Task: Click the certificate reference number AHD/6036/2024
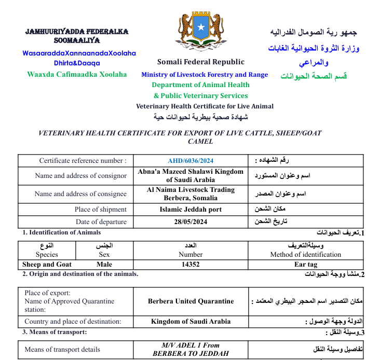pyautogui.click(x=191, y=161)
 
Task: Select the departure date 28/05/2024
pyautogui.click(x=191, y=222)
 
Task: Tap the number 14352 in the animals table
pyautogui.click(x=191, y=264)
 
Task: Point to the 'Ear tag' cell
pyautogui.click(x=305, y=264)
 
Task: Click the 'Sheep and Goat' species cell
pyautogui.click(x=47, y=264)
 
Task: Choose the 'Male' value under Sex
pyautogui.click(x=104, y=264)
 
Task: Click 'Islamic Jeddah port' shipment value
pyautogui.click(x=191, y=210)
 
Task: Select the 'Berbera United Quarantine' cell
pyautogui.click(x=191, y=301)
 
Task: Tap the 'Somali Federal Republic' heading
pyautogui.click(x=201, y=62)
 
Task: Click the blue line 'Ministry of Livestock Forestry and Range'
pyautogui.click(x=205, y=75)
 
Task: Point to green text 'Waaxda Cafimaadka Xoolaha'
pyautogui.click(x=77, y=74)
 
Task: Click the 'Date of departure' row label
pyautogui.click(x=101, y=222)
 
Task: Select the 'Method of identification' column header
pyautogui.click(x=305, y=255)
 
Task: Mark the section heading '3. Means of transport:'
pyautogui.click(x=55, y=331)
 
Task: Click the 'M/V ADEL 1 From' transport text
pyautogui.click(x=191, y=345)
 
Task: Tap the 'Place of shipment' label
pyautogui.click(x=101, y=210)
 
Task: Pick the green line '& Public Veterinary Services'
pyautogui.click(x=200, y=95)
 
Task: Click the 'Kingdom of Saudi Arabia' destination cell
pyautogui.click(x=191, y=321)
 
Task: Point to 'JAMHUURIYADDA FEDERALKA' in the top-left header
pyautogui.click(x=77, y=32)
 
